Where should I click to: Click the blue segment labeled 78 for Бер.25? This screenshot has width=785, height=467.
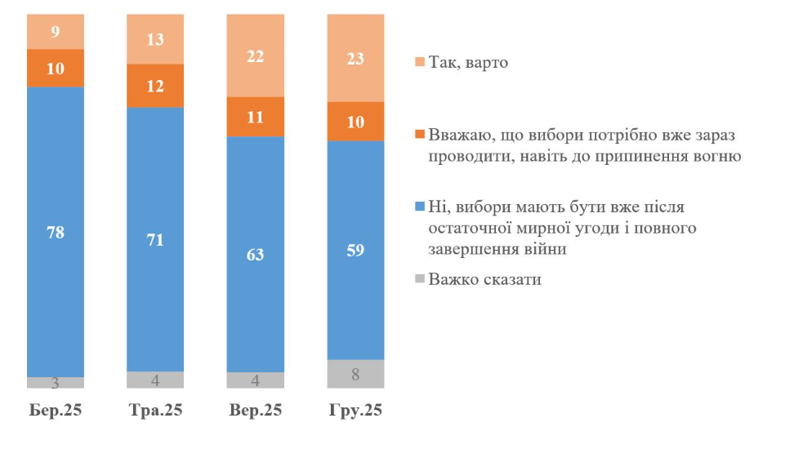click(x=56, y=231)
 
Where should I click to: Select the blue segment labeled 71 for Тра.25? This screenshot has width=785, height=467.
click(x=155, y=239)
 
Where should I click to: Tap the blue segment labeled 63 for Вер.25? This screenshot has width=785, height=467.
click(x=256, y=254)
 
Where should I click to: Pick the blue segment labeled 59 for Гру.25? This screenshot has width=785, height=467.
click(x=355, y=250)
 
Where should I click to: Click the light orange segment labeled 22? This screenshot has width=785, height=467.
click(x=256, y=55)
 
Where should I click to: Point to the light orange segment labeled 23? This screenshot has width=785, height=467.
click(x=355, y=57)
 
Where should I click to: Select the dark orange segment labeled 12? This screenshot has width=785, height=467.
click(x=155, y=86)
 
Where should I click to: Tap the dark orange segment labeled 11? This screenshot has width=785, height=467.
click(x=256, y=117)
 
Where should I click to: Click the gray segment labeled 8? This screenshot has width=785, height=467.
click(x=355, y=374)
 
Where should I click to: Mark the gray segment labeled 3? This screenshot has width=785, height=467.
click(x=56, y=383)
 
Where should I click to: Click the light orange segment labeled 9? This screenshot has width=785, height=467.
click(x=56, y=32)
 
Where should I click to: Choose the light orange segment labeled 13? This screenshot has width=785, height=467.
click(x=155, y=39)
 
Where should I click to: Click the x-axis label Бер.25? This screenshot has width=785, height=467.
click(x=56, y=410)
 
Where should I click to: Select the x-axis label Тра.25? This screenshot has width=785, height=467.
click(x=155, y=410)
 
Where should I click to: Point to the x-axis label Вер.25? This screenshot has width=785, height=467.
click(x=256, y=410)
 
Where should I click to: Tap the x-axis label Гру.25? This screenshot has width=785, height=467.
click(x=355, y=410)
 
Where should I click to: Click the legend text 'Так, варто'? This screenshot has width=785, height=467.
click(x=467, y=62)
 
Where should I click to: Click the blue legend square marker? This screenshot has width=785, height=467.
click(x=418, y=203)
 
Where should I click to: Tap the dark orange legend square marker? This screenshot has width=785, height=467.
click(x=418, y=133)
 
